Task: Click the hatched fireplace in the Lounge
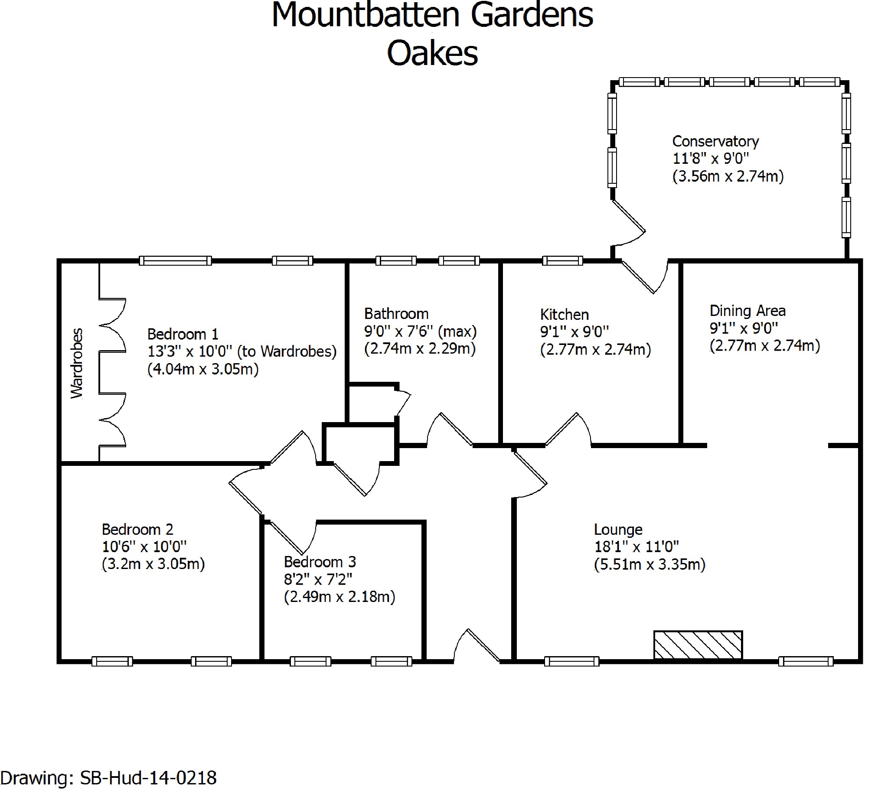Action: (x=698, y=645)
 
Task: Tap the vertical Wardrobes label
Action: (x=77, y=363)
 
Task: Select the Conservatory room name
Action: (x=715, y=141)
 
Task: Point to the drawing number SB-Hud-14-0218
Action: (x=148, y=777)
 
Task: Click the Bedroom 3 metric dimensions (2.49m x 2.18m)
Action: (x=339, y=597)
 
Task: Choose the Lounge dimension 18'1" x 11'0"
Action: (x=636, y=546)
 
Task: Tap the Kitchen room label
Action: (x=565, y=314)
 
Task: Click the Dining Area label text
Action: (x=747, y=311)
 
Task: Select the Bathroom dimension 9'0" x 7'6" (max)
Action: (x=420, y=332)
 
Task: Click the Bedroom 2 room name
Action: (x=137, y=529)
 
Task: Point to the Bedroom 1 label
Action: (x=183, y=334)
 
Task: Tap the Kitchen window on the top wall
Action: (x=562, y=261)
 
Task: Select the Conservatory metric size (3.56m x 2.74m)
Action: (x=728, y=176)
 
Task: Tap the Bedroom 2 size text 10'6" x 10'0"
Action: (x=144, y=546)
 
